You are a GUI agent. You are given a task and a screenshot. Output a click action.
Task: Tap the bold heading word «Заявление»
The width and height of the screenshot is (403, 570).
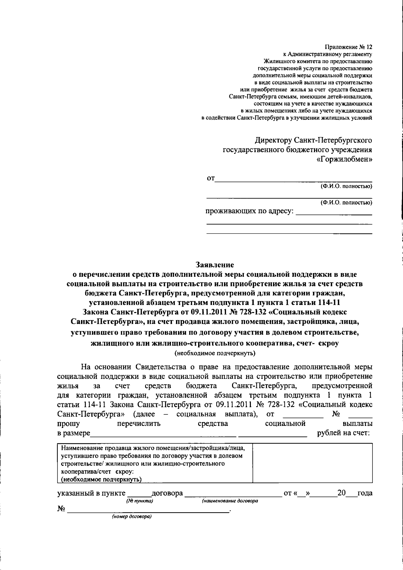point(215,265)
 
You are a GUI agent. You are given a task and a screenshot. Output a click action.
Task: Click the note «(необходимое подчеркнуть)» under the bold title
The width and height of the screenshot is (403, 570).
point(215,353)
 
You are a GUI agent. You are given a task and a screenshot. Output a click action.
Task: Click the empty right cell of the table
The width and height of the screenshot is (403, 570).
point(312,463)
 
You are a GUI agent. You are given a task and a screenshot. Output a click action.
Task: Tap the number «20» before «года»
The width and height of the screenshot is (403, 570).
point(342,493)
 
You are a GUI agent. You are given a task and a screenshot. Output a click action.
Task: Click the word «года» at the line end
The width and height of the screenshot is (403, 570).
point(365,493)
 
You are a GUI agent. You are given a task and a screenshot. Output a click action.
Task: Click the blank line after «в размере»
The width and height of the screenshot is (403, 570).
point(163,435)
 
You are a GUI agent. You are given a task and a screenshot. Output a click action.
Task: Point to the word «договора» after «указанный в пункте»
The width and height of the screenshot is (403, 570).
point(167,493)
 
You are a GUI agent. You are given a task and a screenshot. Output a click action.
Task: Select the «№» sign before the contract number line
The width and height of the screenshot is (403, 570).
point(61,509)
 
